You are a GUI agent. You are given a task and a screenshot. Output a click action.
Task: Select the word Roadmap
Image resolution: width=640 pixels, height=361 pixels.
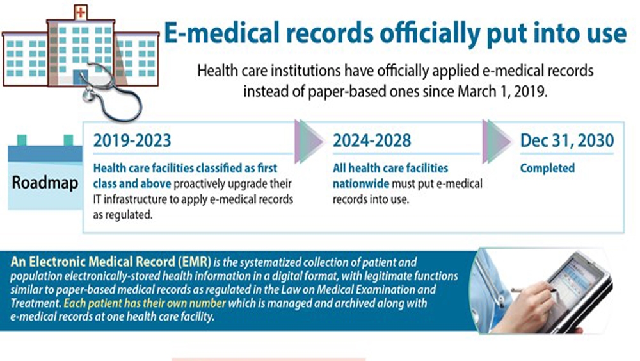[x=45, y=182]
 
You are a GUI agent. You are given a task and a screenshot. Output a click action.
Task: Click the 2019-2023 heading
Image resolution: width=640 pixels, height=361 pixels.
[x=132, y=140]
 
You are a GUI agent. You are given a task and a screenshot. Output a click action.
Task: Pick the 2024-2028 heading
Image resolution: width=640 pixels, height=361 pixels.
[x=372, y=140]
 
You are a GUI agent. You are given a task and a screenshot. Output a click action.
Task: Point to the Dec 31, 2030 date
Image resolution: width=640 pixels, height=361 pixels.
[x=567, y=140]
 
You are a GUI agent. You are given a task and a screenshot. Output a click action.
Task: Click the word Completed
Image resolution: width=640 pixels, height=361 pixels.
[x=547, y=168]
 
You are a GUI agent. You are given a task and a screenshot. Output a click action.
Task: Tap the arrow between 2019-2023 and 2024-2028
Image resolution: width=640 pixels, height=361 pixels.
[x=309, y=142]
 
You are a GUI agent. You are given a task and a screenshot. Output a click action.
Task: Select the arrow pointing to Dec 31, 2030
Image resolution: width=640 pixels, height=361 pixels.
[x=497, y=142]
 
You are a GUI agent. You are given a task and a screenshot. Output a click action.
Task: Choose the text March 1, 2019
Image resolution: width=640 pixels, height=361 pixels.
[x=502, y=91]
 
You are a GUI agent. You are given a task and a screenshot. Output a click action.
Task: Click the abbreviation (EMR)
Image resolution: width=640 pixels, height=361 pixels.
[x=195, y=262]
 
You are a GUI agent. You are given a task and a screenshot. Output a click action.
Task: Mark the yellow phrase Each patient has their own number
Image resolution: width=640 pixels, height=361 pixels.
[x=145, y=303]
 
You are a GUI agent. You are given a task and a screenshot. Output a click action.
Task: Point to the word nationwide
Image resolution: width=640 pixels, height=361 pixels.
[x=361, y=184]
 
